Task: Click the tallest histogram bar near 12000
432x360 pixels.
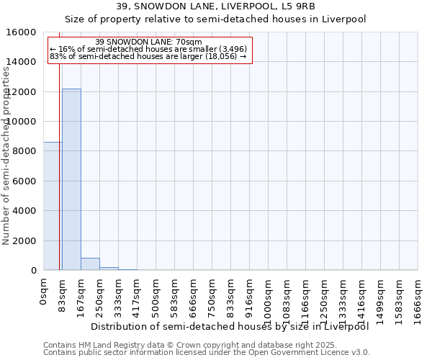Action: [71, 179]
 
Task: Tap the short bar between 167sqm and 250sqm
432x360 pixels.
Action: [90, 264]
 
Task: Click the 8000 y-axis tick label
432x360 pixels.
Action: [23, 151]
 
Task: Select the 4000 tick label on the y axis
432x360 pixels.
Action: [23, 211]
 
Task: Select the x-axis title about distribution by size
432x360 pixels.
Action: [230, 326]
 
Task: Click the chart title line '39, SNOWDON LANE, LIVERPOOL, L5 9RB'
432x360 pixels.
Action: [215, 7]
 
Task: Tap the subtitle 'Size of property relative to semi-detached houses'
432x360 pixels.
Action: [215, 19]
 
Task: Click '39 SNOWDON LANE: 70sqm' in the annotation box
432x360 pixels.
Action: [149, 42]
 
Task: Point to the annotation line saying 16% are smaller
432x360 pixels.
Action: [149, 49]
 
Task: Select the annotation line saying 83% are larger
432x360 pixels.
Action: [149, 56]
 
